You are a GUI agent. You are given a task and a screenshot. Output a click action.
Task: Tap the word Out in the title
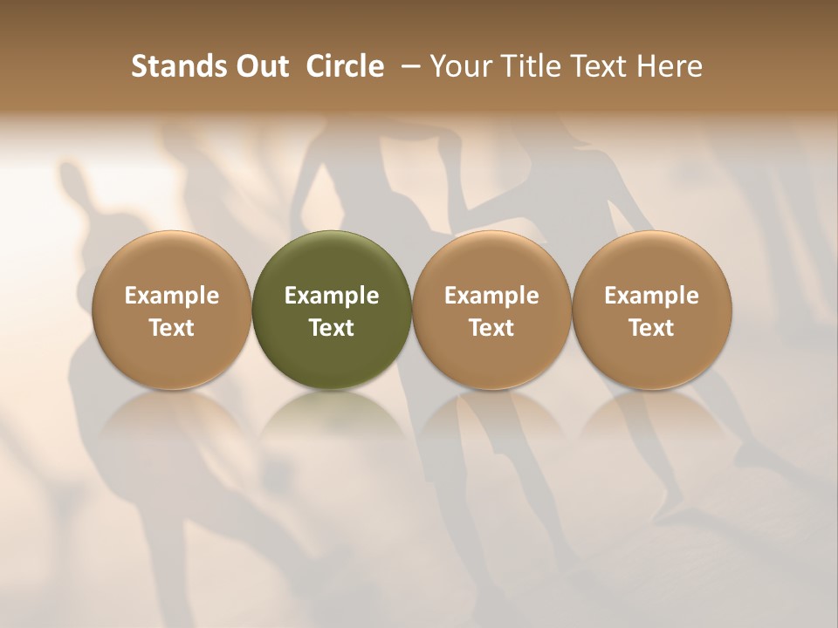pyautogui.click(x=259, y=66)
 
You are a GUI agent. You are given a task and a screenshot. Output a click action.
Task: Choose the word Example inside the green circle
pyautogui.click(x=332, y=296)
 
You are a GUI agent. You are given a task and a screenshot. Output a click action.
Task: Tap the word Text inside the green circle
pyautogui.click(x=332, y=328)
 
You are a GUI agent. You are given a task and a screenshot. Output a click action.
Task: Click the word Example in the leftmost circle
pyautogui.click(x=172, y=296)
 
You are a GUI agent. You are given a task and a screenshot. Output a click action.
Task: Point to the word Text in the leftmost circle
pyautogui.click(x=172, y=328)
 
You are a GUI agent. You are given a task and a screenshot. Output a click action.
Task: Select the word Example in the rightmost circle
pyautogui.click(x=651, y=296)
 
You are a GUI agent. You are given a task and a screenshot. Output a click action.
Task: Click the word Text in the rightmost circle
pyautogui.click(x=651, y=328)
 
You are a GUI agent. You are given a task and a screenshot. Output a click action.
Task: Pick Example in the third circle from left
pyautogui.click(x=491, y=296)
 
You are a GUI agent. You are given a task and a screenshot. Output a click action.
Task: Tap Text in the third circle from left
pyautogui.click(x=491, y=328)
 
